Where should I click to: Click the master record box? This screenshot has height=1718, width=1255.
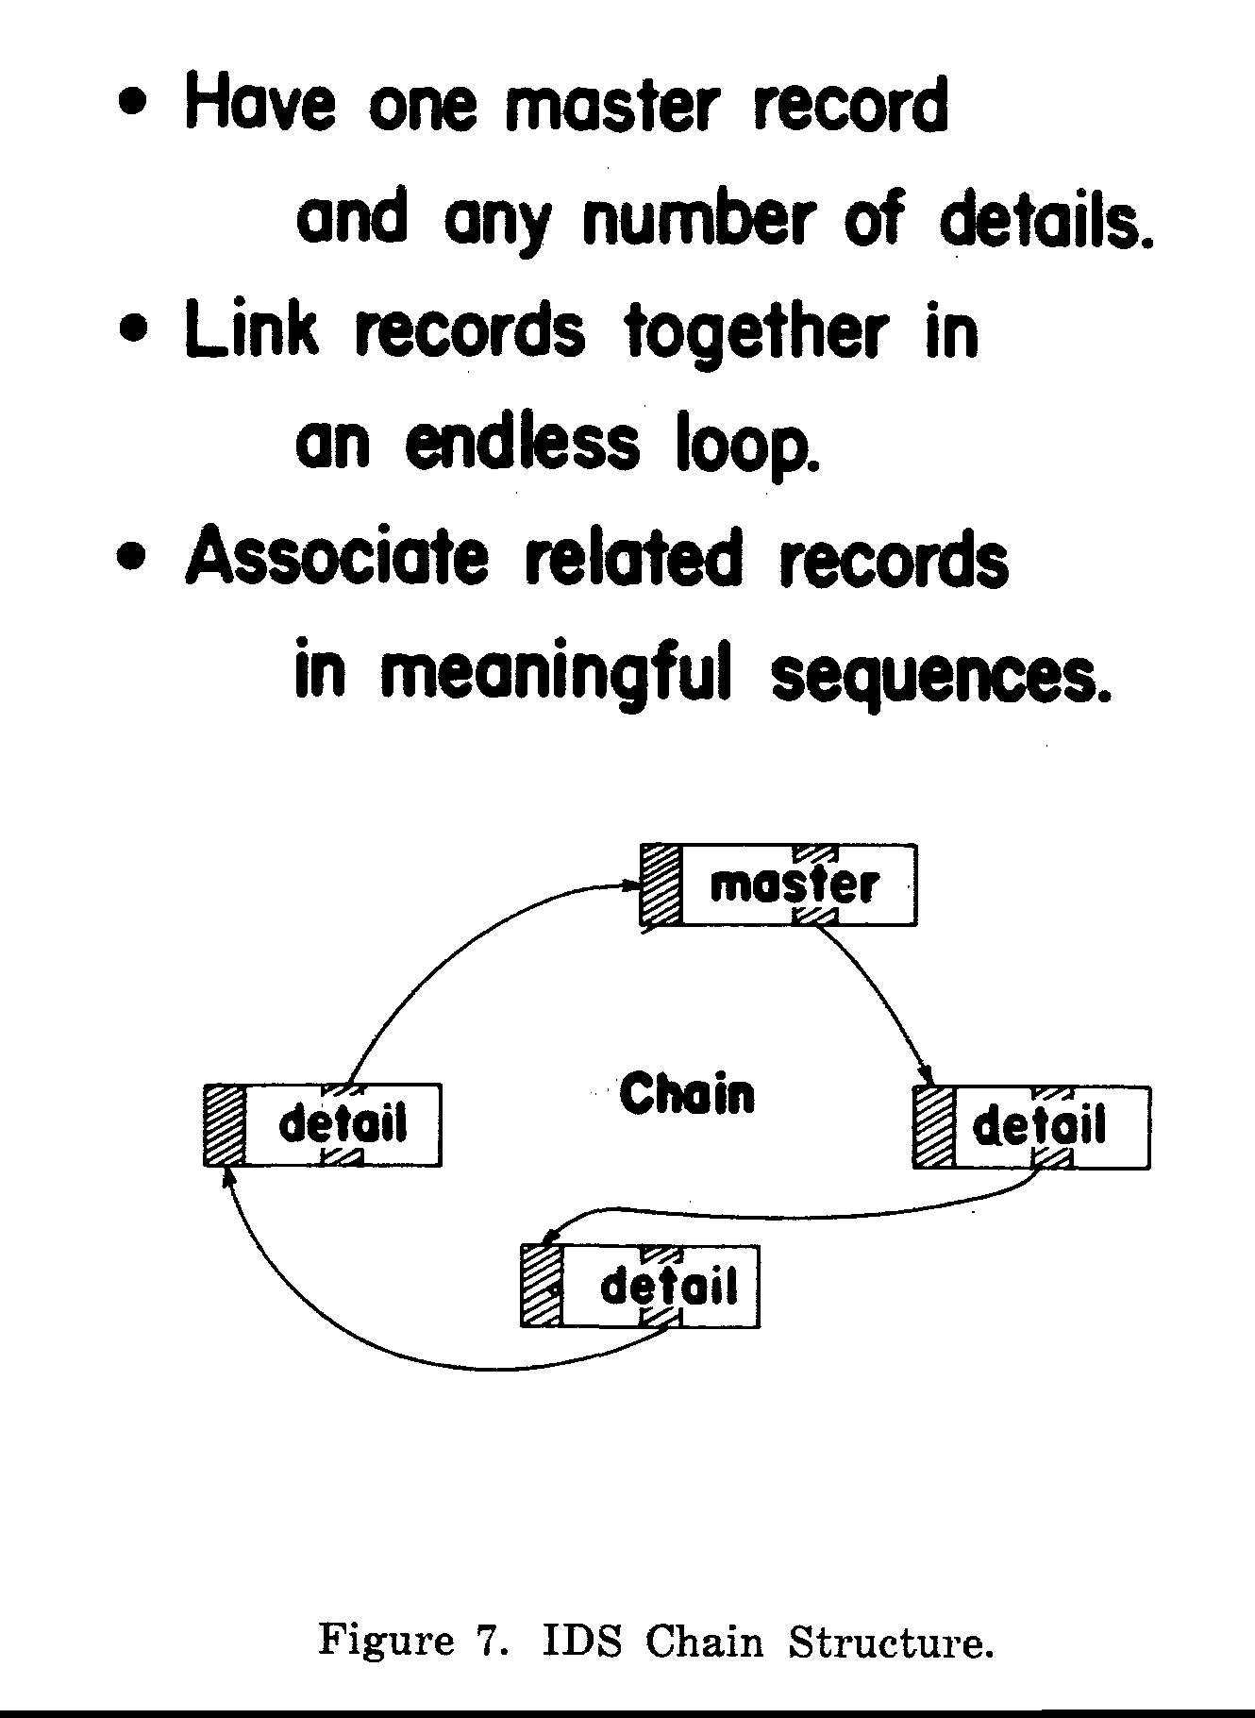[778, 884]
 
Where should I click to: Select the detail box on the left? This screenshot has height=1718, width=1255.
[323, 1124]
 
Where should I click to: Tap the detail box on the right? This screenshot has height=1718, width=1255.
[1032, 1127]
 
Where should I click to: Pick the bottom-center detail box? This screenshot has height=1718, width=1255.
[640, 1286]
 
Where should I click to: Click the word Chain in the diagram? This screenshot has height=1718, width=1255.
[687, 1095]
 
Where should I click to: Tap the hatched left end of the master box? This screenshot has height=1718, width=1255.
[661, 884]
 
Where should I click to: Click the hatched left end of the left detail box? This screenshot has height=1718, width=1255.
[225, 1124]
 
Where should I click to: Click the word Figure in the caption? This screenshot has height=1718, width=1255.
[386, 1643]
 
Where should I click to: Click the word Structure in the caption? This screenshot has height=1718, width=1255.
[890, 1642]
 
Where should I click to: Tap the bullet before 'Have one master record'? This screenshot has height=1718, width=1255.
[137, 102]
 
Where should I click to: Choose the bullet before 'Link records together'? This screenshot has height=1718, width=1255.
[137, 331]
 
